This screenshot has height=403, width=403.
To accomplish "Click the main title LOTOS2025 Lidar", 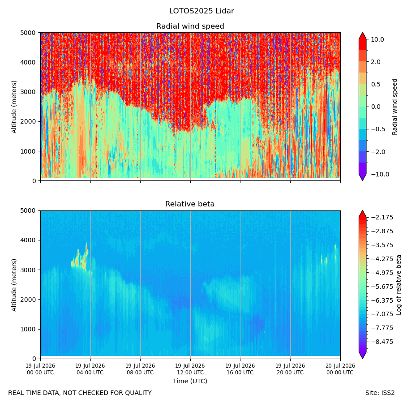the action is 201,11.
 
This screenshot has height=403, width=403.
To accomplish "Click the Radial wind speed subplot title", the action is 190,26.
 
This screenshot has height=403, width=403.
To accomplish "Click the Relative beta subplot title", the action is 190,204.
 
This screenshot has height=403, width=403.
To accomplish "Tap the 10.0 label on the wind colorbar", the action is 377,39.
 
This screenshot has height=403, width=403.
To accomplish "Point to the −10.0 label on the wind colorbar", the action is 380,174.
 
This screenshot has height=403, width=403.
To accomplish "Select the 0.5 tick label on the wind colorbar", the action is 376,84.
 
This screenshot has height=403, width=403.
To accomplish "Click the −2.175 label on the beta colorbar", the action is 382,218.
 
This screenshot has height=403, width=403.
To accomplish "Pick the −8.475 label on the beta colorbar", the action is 382,342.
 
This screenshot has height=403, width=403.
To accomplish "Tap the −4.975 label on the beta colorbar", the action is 382,273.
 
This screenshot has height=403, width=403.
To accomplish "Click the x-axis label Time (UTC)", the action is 190,381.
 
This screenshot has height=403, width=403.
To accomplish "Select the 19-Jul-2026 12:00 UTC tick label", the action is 190,369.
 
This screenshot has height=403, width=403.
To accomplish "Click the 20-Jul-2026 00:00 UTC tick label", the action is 340,369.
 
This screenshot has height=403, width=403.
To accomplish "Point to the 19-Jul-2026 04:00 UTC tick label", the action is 90,369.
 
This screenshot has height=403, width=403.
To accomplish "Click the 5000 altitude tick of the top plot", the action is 28,33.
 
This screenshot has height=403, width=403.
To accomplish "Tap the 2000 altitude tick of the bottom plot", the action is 28,300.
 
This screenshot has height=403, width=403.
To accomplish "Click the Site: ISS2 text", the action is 380,393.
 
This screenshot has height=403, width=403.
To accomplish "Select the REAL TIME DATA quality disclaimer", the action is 80,393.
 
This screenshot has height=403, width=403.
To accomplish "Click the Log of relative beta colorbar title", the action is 399,285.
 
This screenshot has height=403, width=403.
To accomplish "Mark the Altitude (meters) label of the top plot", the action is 14,107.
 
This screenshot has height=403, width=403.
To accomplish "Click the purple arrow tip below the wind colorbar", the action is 362,180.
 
